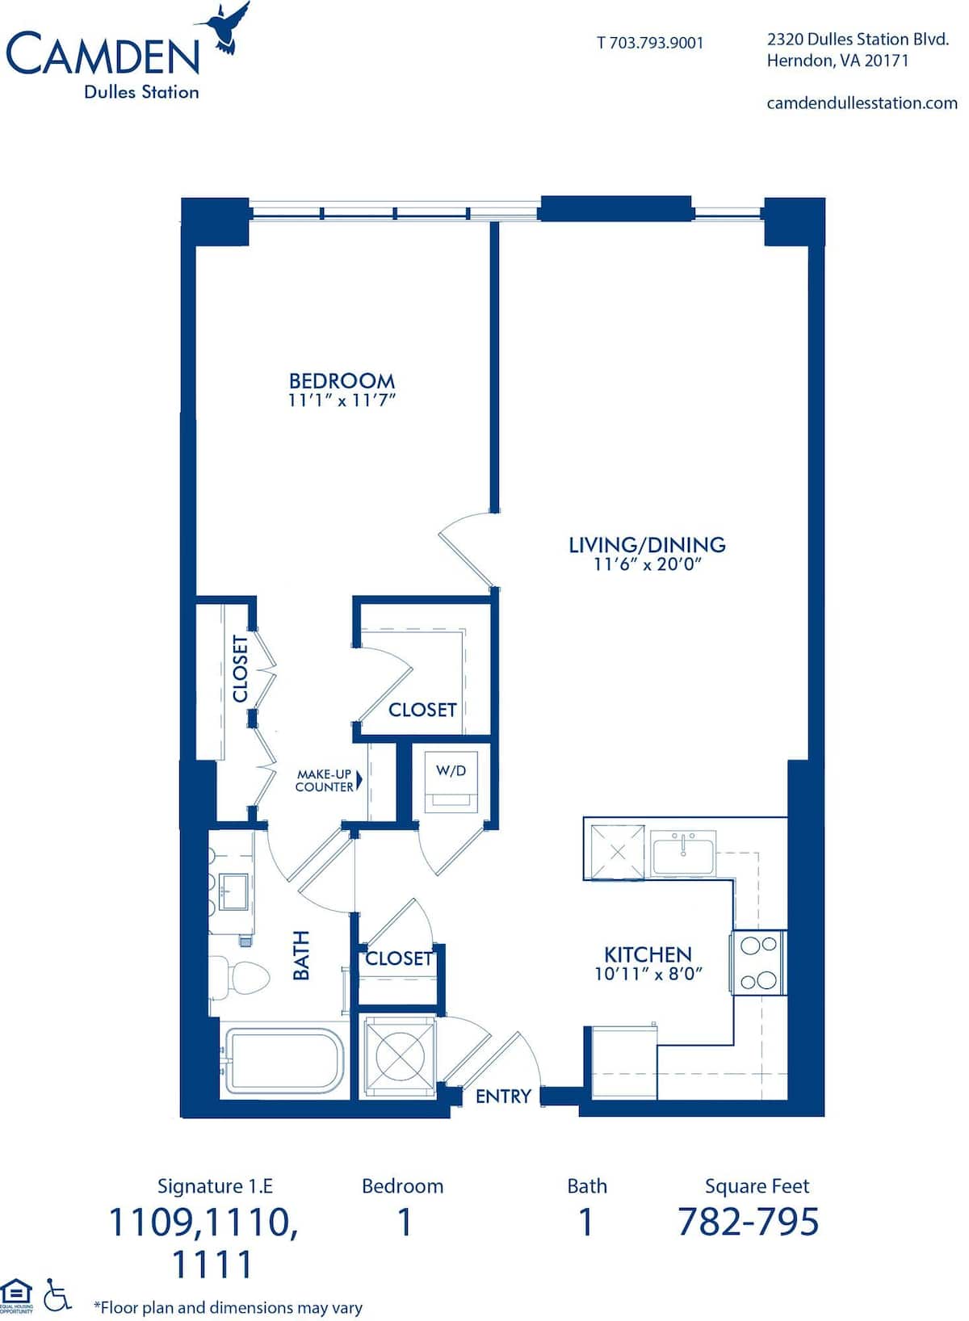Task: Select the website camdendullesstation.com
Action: point(862,103)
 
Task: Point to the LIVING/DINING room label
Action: point(647,544)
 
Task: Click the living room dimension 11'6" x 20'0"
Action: point(648,564)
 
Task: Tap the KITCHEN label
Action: point(648,954)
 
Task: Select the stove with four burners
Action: point(758,963)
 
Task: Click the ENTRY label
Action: point(503,1097)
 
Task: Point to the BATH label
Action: point(301,955)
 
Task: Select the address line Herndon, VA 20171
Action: point(837,61)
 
